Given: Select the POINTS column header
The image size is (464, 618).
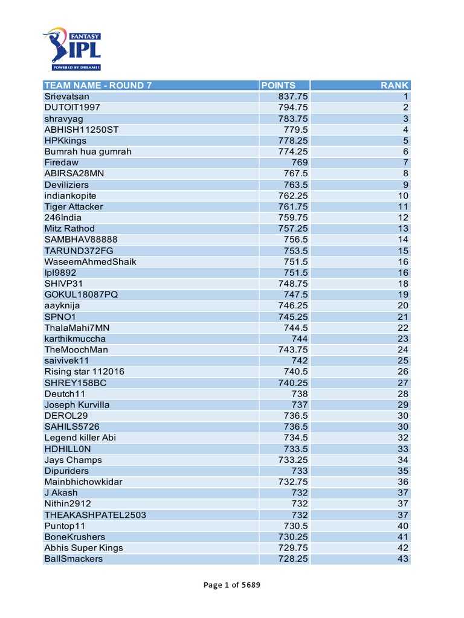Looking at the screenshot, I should tap(279, 85).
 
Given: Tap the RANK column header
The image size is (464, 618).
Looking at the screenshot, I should tap(395, 85).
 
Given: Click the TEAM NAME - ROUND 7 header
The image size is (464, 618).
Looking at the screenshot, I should tap(98, 85).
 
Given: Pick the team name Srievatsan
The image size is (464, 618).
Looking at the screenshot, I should tap(66, 97).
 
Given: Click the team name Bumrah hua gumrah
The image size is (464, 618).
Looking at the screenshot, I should tap(88, 151).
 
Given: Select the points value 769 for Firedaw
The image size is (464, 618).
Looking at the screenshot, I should tap(299, 162).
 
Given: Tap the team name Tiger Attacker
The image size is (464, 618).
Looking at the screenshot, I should tap(74, 206).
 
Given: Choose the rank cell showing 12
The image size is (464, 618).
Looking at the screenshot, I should tap(403, 217).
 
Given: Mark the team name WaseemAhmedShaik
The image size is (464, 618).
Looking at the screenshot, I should tap(90, 262).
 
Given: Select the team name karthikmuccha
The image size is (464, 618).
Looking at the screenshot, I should tap(75, 339).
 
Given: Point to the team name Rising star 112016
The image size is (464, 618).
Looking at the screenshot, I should tap(84, 372).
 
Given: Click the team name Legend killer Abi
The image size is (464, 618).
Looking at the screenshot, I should tap(80, 438).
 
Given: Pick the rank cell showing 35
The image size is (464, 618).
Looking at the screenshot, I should tap(403, 471).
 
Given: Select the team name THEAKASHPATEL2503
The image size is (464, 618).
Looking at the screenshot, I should tap(95, 515).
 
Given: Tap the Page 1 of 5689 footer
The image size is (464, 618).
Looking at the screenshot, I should tap(232, 585).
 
